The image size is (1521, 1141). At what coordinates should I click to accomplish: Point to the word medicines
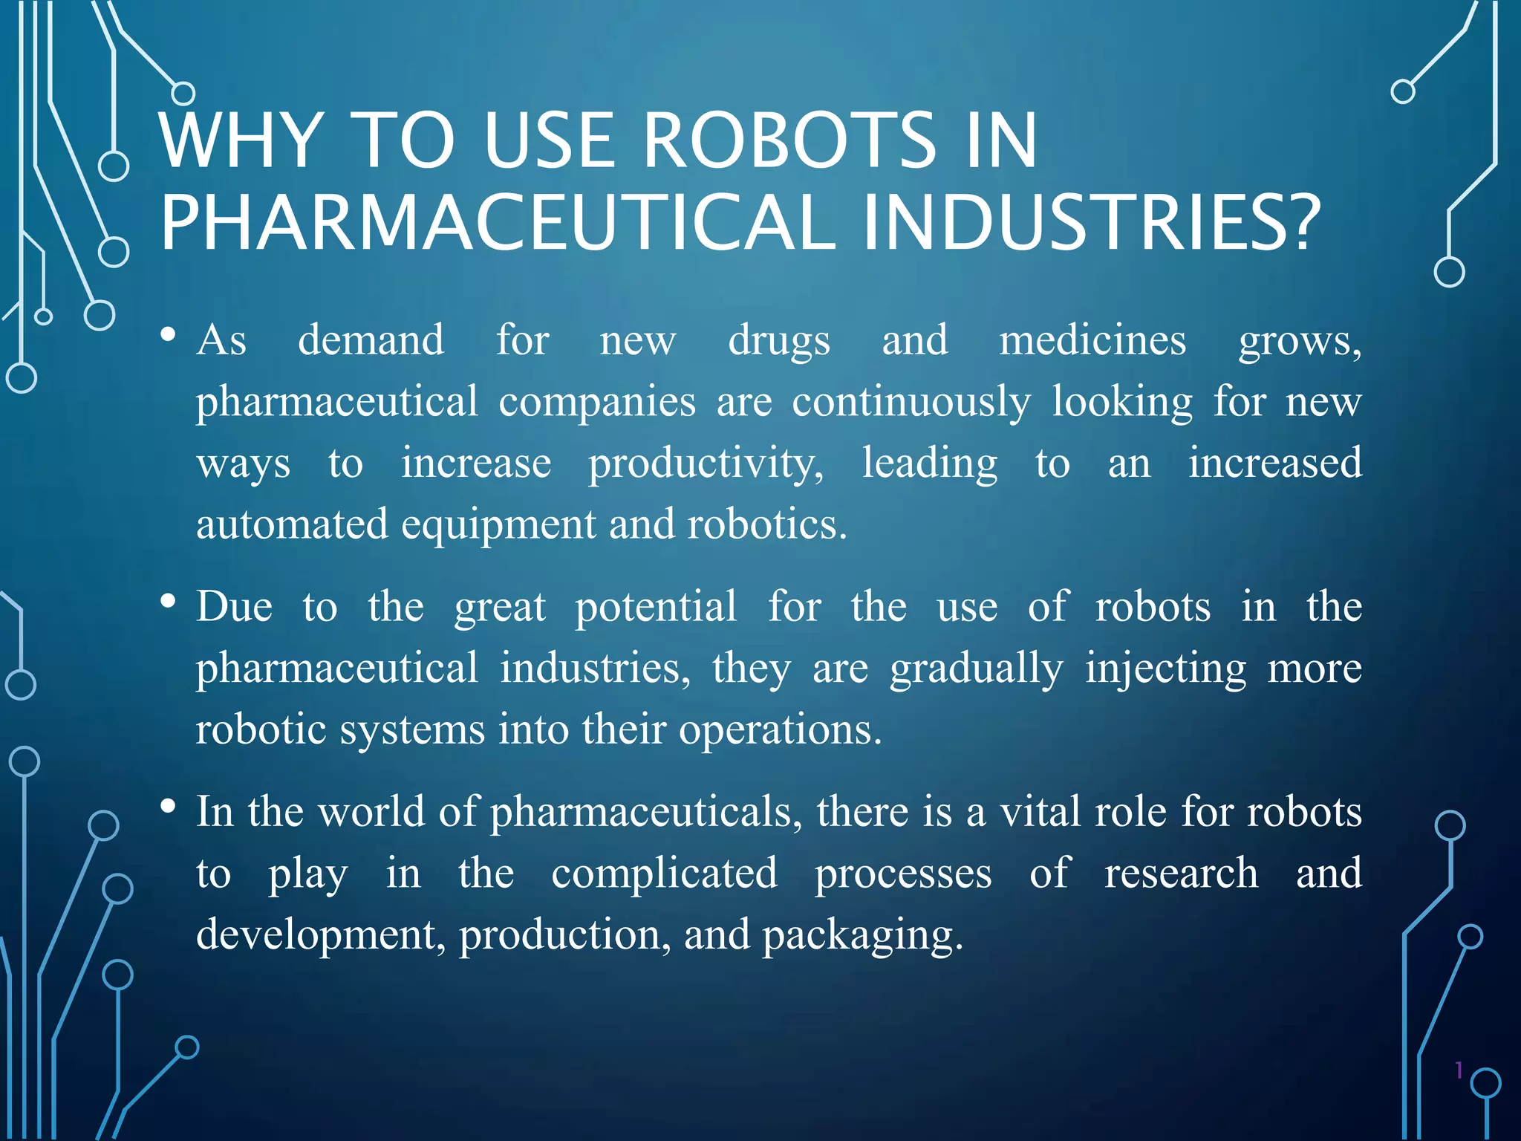point(1092,341)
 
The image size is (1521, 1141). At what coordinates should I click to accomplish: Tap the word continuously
point(911,403)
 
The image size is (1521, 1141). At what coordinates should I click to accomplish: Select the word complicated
point(664,873)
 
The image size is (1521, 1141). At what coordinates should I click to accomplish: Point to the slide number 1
point(1459,1070)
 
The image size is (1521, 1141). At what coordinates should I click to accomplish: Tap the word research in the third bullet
point(1181,873)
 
